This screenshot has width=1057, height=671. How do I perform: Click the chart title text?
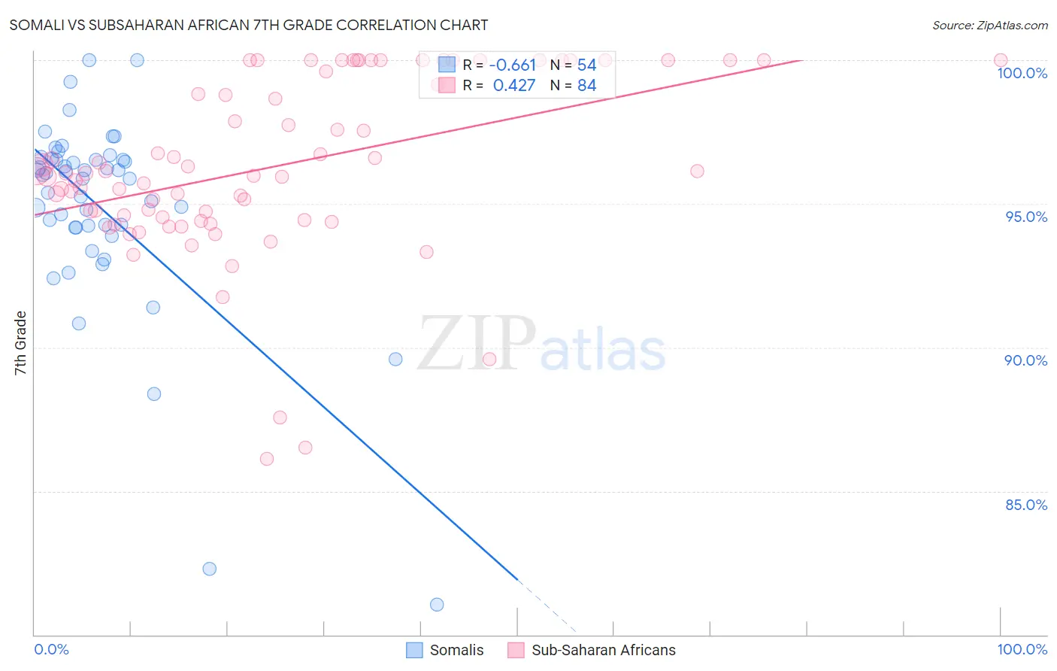[x=248, y=25]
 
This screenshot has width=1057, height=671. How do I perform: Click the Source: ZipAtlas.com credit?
[x=989, y=25]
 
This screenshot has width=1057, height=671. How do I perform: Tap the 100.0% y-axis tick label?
[x=1022, y=73]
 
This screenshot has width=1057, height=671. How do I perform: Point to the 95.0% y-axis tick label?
[x=1025, y=217]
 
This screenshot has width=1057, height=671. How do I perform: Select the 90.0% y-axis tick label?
[x=1025, y=360]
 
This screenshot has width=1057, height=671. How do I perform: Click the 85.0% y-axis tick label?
[x=1025, y=505]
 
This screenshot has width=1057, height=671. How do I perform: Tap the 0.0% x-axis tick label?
[x=51, y=649]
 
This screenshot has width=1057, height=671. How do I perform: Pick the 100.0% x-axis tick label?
[x=1022, y=649]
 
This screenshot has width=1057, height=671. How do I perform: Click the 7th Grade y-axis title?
[x=20, y=343]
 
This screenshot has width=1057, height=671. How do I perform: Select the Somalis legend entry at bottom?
[x=445, y=650]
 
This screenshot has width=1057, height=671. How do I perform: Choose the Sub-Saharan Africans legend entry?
[x=592, y=650]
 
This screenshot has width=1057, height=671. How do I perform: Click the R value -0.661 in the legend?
[x=513, y=65]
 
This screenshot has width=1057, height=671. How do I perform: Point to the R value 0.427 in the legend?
[x=514, y=86]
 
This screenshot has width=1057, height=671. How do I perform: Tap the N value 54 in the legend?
[x=586, y=65]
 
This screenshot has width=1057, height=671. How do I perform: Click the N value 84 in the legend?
[x=586, y=86]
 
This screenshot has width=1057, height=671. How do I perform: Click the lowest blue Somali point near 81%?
[x=437, y=605]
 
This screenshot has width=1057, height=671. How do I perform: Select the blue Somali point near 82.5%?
[x=210, y=569]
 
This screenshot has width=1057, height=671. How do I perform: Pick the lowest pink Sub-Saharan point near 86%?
[x=267, y=459]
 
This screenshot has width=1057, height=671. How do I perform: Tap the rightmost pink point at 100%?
[x=1001, y=60]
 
